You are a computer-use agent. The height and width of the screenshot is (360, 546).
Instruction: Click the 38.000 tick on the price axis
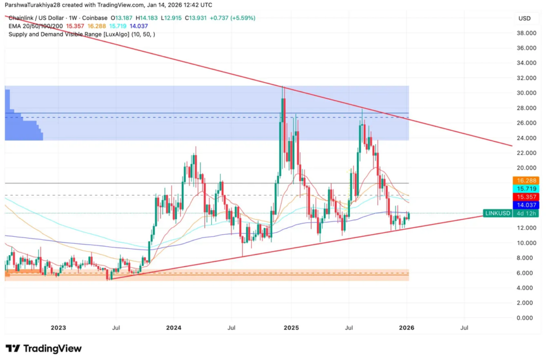pyautogui.click(x=527, y=33)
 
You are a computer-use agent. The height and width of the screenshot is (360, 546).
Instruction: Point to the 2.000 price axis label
pyautogui.click(x=527, y=302)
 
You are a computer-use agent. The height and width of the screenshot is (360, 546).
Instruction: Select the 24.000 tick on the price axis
pyautogui.click(x=527, y=138)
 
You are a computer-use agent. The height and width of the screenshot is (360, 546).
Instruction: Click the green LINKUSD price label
pyautogui.click(x=496, y=213)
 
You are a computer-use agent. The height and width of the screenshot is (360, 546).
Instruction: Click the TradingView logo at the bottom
pyautogui.click(x=44, y=348)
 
